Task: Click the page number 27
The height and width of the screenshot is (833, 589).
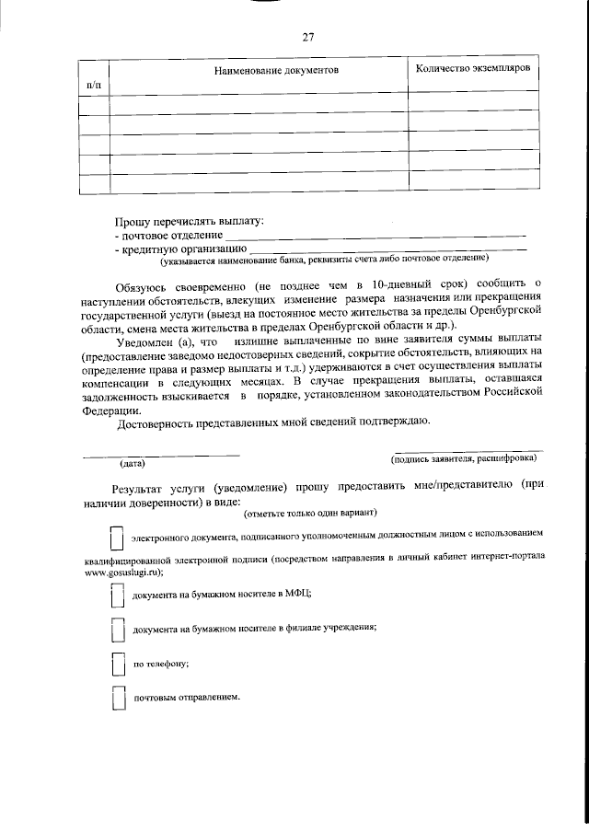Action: (x=307, y=37)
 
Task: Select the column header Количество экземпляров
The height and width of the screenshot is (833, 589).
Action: (x=472, y=69)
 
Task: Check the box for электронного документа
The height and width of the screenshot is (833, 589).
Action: (x=116, y=538)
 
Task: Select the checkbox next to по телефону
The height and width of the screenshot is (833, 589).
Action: (x=116, y=665)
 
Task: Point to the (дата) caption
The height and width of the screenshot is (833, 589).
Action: (x=133, y=464)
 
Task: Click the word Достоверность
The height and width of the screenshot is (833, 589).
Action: (x=161, y=422)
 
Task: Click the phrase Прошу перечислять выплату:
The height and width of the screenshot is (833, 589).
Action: (x=188, y=223)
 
